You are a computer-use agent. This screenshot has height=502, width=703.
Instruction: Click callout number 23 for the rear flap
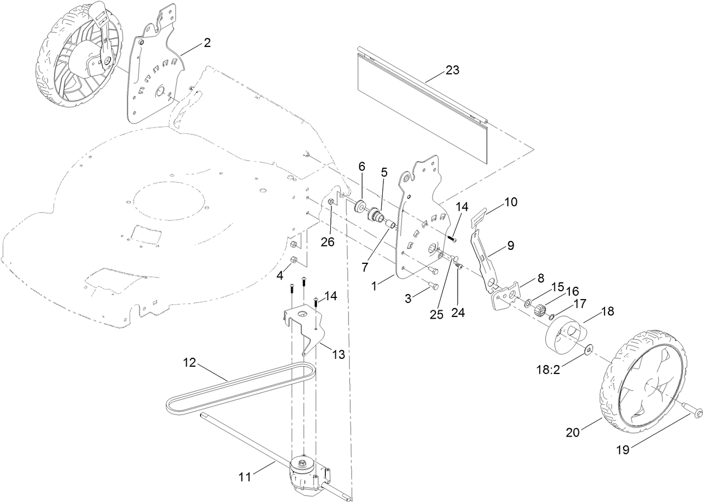click(x=452, y=70)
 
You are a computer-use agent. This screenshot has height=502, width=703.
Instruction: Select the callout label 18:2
click(x=549, y=370)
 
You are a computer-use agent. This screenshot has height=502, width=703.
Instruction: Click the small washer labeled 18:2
click(x=589, y=351)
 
